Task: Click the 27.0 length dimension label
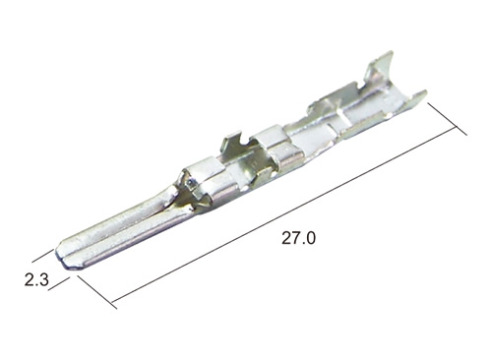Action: [x=298, y=238]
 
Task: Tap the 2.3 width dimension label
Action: [x=36, y=280]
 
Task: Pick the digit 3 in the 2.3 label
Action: [x=44, y=280]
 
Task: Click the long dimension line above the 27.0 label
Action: [x=284, y=214]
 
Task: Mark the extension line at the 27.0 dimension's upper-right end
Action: [x=447, y=119]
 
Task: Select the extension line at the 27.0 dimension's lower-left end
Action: [x=97, y=292]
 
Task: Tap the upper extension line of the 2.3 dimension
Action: [x=42, y=256]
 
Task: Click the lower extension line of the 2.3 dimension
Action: [x=59, y=284]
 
